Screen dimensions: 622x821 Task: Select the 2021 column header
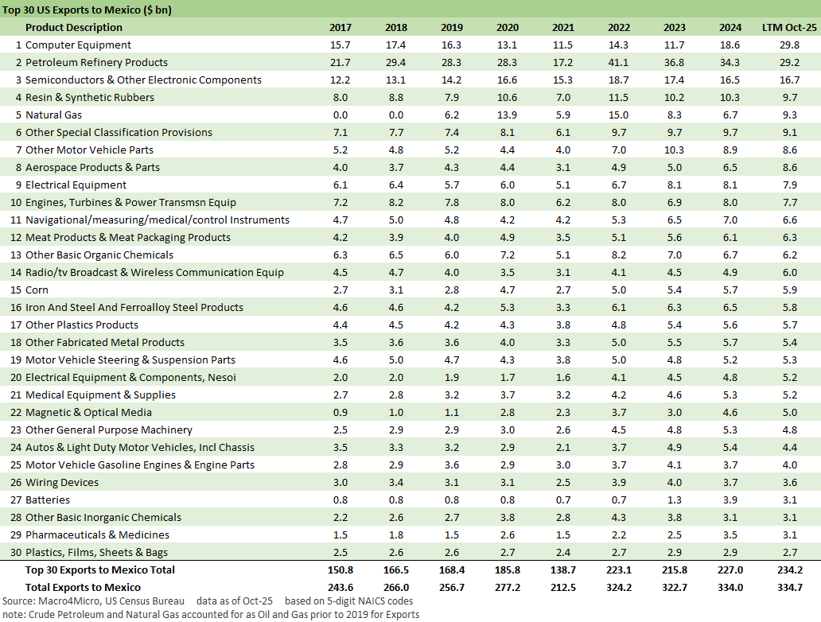(x=562, y=28)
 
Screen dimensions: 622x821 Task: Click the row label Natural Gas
(x=56, y=115)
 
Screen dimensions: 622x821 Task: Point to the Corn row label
(x=37, y=290)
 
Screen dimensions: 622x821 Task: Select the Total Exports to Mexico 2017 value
(x=340, y=587)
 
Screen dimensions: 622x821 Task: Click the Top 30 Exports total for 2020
(x=507, y=570)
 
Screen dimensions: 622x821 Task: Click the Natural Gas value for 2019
(x=451, y=115)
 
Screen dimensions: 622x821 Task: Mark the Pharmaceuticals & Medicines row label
(x=97, y=535)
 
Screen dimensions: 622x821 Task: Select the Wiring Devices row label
(x=62, y=483)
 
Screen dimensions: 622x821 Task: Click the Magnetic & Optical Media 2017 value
(x=340, y=413)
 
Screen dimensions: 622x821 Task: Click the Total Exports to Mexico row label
(x=84, y=587)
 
